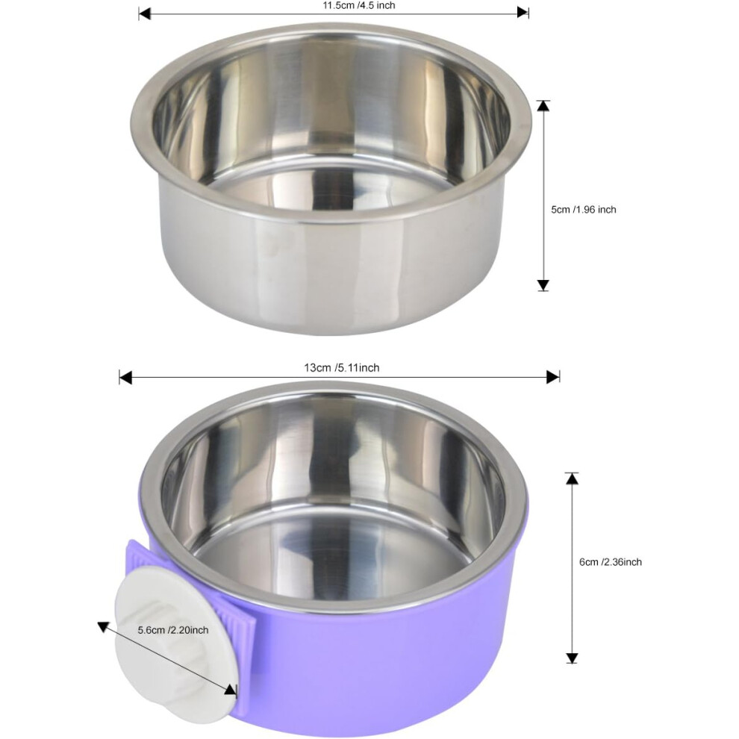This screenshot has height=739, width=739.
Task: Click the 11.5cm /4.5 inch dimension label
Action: (x=358, y=6)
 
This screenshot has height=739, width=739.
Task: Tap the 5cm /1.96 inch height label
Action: (x=584, y=210)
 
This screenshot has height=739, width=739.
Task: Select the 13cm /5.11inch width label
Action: (x=342, y=367)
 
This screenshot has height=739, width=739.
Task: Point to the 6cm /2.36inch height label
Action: (x=611, y=562)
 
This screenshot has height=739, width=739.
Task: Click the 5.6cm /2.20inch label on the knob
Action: (x=173, y=630)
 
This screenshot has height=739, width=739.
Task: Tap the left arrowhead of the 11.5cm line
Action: (x=144, y=13)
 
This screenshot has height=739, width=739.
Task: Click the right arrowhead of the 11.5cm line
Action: (x=523, y=13)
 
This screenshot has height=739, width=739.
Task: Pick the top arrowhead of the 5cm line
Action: (x=543, y=105)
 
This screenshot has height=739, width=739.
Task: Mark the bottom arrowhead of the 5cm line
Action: (x=543, y=285)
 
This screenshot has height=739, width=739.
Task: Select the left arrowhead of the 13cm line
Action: (x=125, y=377)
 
